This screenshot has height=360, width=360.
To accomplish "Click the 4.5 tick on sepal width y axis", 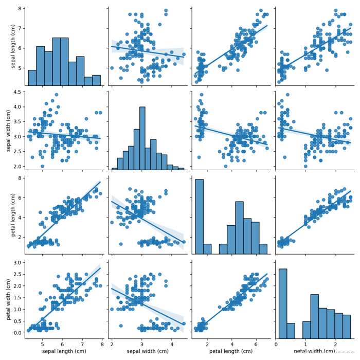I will click(x=16, y=93).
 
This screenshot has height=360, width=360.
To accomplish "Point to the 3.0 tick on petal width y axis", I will click(x=16, y=262).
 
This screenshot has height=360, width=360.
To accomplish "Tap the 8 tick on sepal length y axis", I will click(x=19, y=9).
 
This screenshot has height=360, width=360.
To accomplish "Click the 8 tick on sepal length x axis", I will click(x=102, y=344).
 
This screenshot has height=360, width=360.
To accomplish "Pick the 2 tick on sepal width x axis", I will click(x=112, y=344).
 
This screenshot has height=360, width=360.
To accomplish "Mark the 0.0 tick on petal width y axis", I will click(x=16, y=333).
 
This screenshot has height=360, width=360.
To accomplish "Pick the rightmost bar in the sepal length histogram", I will click(x=97, y=80).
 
